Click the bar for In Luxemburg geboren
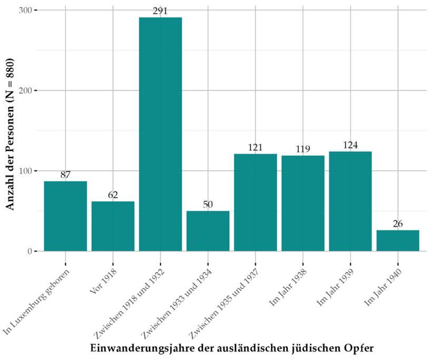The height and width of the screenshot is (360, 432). click(65, 216)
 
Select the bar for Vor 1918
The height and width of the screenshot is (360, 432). click(113, 226)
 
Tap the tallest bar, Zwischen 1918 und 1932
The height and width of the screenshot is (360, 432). click(160, 134)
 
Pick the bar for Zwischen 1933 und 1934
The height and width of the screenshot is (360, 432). click(208, 231)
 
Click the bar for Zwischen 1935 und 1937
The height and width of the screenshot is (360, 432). click(255, 202)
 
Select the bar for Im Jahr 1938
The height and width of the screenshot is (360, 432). click(302, 203)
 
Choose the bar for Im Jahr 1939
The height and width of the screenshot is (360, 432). click(350, 201)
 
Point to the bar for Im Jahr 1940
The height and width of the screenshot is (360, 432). click(398, 240)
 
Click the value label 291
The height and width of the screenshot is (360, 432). click(160, 11)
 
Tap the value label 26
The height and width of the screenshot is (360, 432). click(398, 224)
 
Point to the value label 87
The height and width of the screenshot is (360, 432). click(65, 175)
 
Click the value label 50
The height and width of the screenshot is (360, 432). click(208, 205)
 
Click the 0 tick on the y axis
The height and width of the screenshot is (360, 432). click(30, 251)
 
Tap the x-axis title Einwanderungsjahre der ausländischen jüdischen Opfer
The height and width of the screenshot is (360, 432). click(232, 348)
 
